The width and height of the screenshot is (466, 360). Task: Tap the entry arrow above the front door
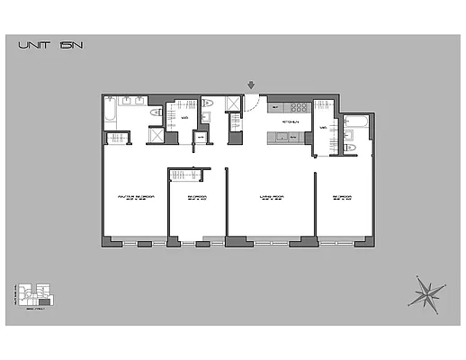click(x=251, y=85)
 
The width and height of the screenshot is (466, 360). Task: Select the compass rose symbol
click(x=426, y=292)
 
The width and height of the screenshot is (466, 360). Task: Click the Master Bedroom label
click(x=133, y=196)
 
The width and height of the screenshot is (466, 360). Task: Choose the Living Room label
click(x=272, y=196)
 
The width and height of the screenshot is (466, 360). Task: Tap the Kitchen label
click(x=290, y=120)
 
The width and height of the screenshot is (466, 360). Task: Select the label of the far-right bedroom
click(x=341, y=196)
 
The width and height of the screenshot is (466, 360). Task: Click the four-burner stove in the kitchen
click(x=298, y=107)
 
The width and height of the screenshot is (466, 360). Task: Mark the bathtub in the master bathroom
click(x=110, y=112)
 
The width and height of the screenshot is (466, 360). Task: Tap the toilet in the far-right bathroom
click(x=354, y=147)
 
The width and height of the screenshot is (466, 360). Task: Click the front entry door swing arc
click(x=254, y=103)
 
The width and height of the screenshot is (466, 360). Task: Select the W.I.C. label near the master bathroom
click(x=184, y=117)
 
